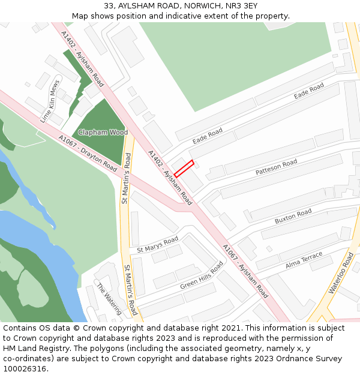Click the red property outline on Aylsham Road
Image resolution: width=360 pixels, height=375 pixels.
coord(184,169)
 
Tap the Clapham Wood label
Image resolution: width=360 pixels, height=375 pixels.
coord(103,132)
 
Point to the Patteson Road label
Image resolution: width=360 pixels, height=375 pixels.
coord(276,167)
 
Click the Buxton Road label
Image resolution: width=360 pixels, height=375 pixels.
coord(293,217)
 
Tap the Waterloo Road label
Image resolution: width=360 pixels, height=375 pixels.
coord(341,273)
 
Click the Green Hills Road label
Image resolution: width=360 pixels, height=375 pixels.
coord(202,275)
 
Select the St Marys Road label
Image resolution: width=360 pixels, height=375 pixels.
coord(158,244)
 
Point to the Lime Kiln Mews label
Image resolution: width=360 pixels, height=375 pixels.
coord(50,101)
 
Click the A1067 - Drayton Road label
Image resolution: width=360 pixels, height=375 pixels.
coord(88,153)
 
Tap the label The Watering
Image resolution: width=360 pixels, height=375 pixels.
coord(109,299)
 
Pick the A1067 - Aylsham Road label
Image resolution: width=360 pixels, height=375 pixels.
coord(245,271)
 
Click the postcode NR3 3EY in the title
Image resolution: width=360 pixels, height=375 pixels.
coord(242,5)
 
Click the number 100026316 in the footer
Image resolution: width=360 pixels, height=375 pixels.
coord(25,368)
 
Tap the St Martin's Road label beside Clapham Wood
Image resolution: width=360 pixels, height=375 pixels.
coord(126,178)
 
